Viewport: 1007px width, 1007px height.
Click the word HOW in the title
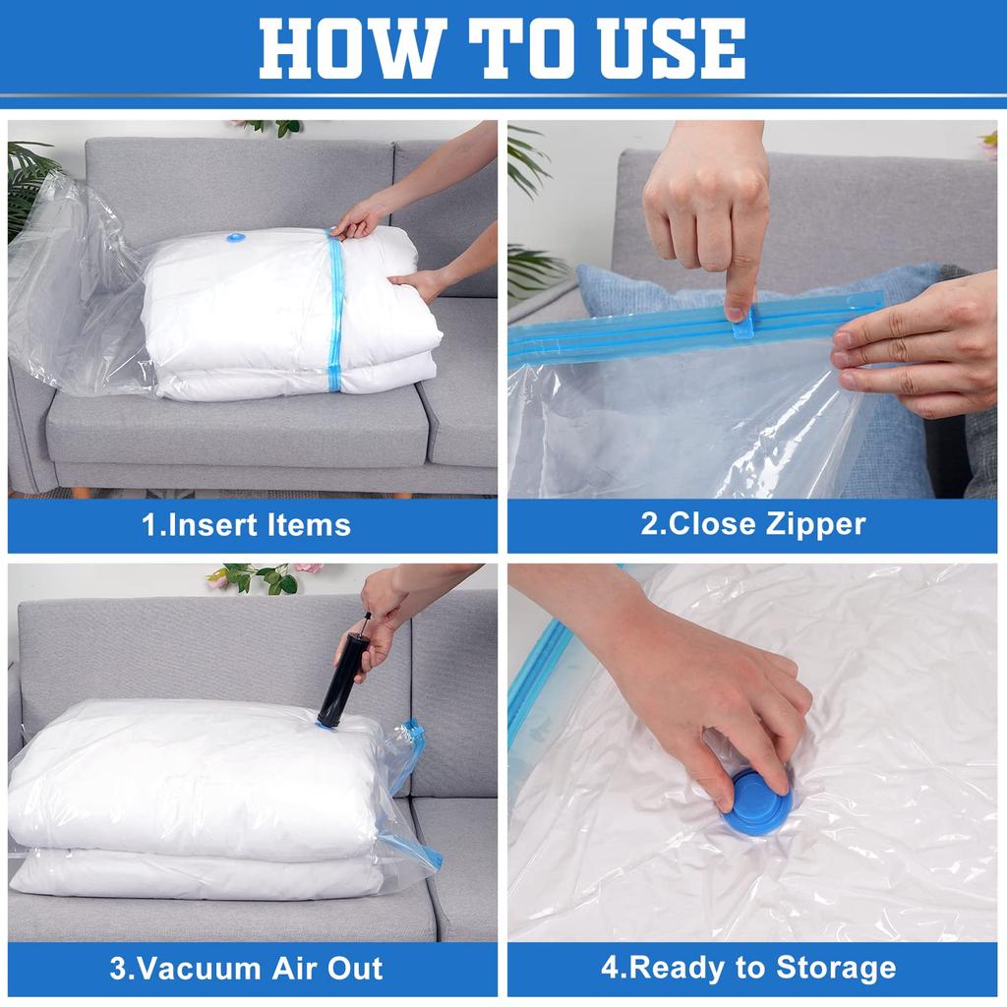click(x=353, y=48)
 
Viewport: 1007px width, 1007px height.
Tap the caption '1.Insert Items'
click(x=247, y=525)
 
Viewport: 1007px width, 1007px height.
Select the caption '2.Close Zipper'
click(x=752, y=524)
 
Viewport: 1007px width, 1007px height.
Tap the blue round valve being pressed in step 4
click(x=756, y=802)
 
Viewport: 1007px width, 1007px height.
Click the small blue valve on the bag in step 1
click(x=236, y=238)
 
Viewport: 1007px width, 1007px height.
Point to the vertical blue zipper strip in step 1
click(x=335, y=311)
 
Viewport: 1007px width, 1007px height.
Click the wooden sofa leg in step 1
click(x=81, y=493)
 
